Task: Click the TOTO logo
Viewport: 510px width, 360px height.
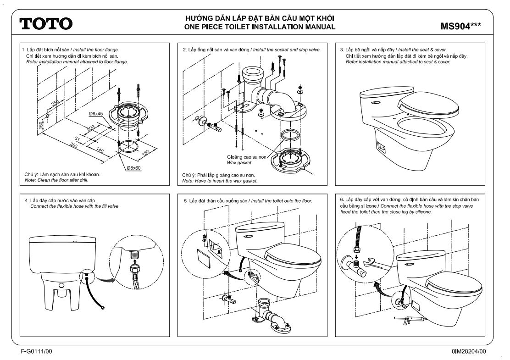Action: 46,23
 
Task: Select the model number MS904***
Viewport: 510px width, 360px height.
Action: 460,26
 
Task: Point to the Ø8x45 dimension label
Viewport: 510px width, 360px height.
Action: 95,114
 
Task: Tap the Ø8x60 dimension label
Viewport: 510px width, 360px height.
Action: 133,168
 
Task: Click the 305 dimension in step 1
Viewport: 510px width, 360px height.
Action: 74,145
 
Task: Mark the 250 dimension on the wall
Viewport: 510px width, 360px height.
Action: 55,103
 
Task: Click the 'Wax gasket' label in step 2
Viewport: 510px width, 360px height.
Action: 239,163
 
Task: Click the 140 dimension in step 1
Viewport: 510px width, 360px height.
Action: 100,150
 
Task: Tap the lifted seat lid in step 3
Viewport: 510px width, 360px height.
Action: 429,104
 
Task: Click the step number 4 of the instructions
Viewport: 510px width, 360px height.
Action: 26,201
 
